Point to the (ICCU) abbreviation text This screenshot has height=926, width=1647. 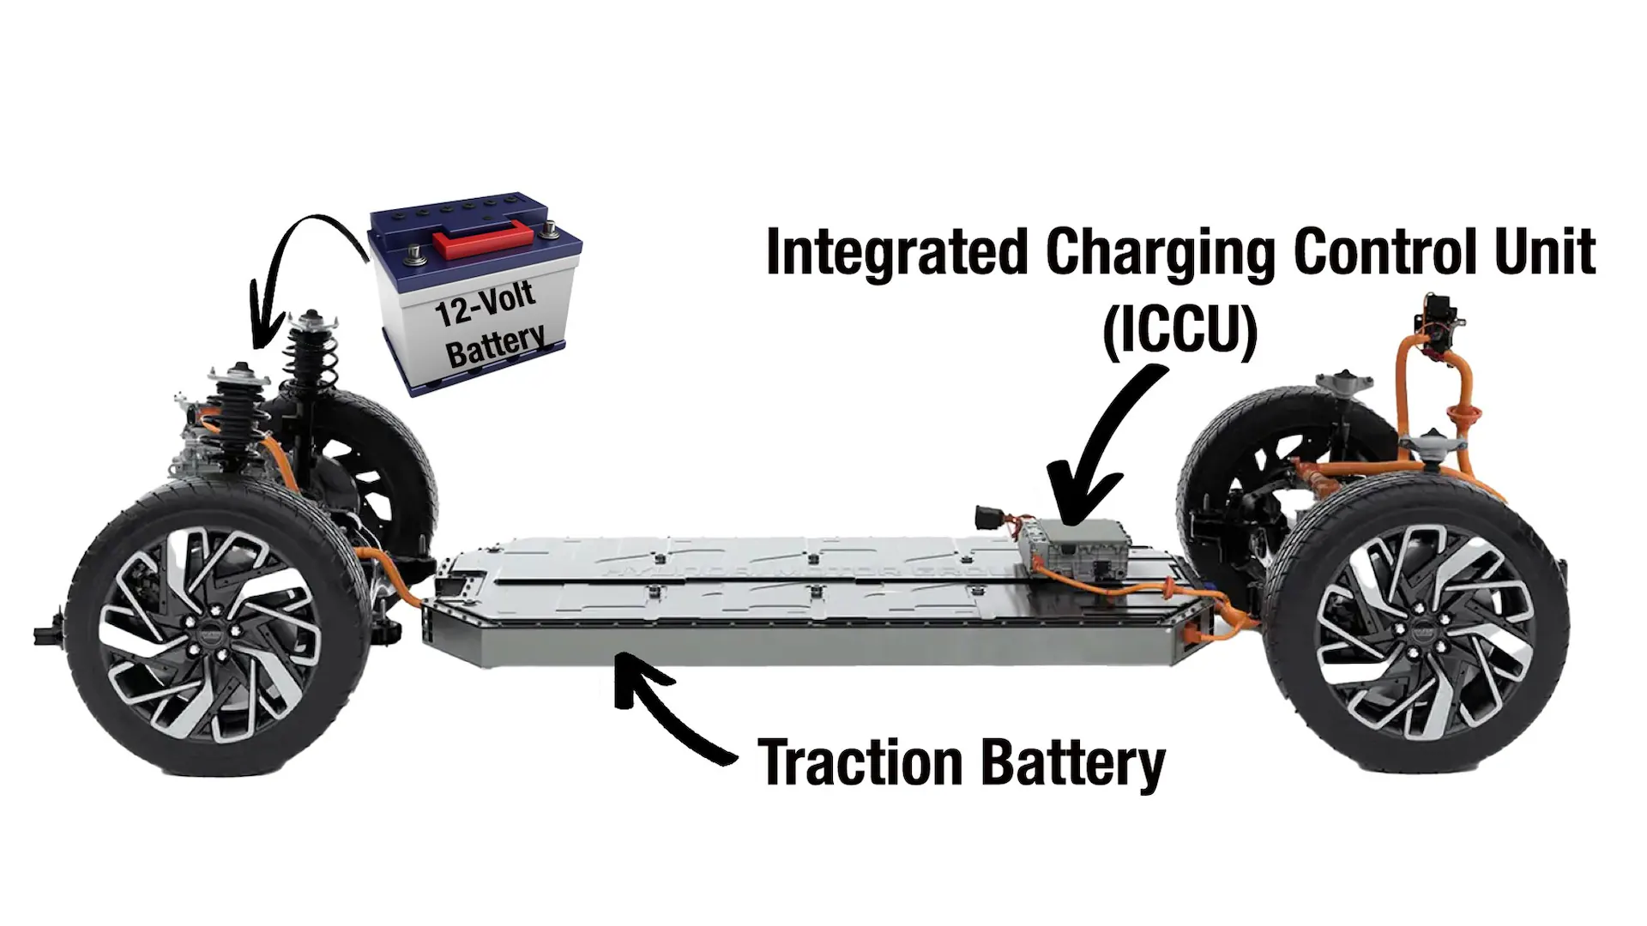tap(1179, 330)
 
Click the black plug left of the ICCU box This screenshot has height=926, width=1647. tap(988, 519)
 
